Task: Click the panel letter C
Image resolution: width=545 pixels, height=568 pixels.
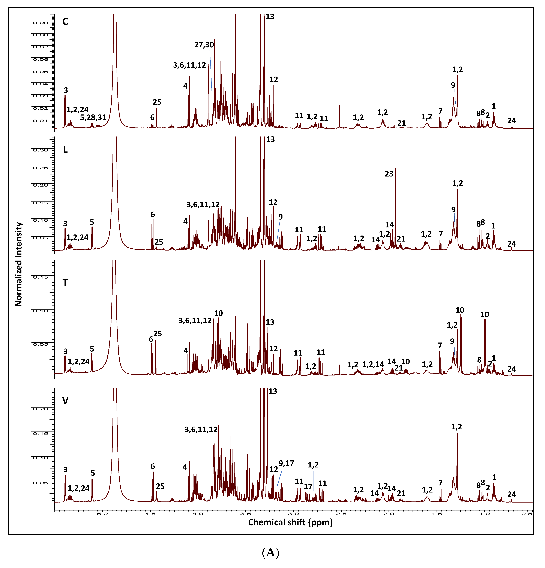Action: [65, 21]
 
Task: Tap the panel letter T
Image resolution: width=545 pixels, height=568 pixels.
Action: [65, 283]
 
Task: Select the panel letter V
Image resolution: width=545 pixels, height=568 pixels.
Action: [65, 401]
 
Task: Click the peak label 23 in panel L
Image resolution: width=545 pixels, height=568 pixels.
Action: [389, 174]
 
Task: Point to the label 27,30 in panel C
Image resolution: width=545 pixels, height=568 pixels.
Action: [204, 45]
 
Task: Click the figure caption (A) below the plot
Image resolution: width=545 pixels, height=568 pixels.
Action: [270, 553]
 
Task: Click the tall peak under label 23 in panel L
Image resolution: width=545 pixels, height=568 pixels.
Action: [395, 203]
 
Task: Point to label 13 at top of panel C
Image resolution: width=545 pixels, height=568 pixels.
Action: [270, 17]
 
